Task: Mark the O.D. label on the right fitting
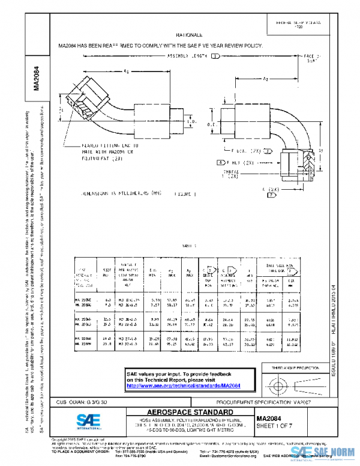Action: [x=211, y=124]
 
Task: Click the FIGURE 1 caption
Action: [x=186, y=195]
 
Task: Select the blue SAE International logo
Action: [x=86, y=422]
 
